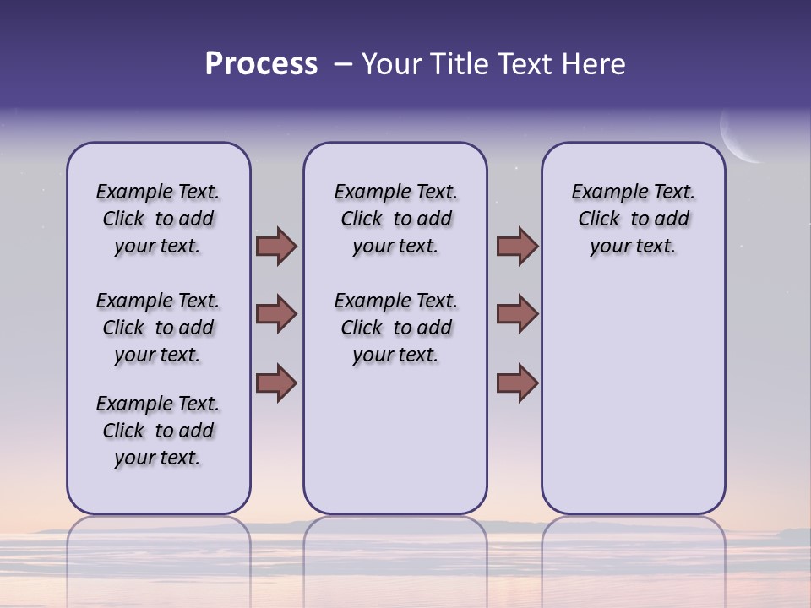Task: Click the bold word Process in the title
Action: [x=261, y=64]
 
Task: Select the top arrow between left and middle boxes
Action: [x=276, y=247]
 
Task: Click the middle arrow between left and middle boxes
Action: [x=276, y=314]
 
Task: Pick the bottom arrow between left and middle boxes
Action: [x=276, y=383]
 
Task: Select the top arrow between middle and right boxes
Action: [x=517, y=247]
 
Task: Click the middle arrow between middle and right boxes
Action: [x=517, y=314]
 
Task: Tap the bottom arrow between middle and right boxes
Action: [x=517, y=383]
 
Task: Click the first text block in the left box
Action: [x=158, y=219]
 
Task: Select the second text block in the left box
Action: [x=158, y=328]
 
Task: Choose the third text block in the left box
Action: [x=158, y=431]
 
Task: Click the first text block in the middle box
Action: [x=395, y=219]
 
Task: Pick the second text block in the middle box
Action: [x=395, y=328]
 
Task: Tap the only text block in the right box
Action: [x=634, y=219]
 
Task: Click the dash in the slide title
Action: [x=343, y=65]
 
